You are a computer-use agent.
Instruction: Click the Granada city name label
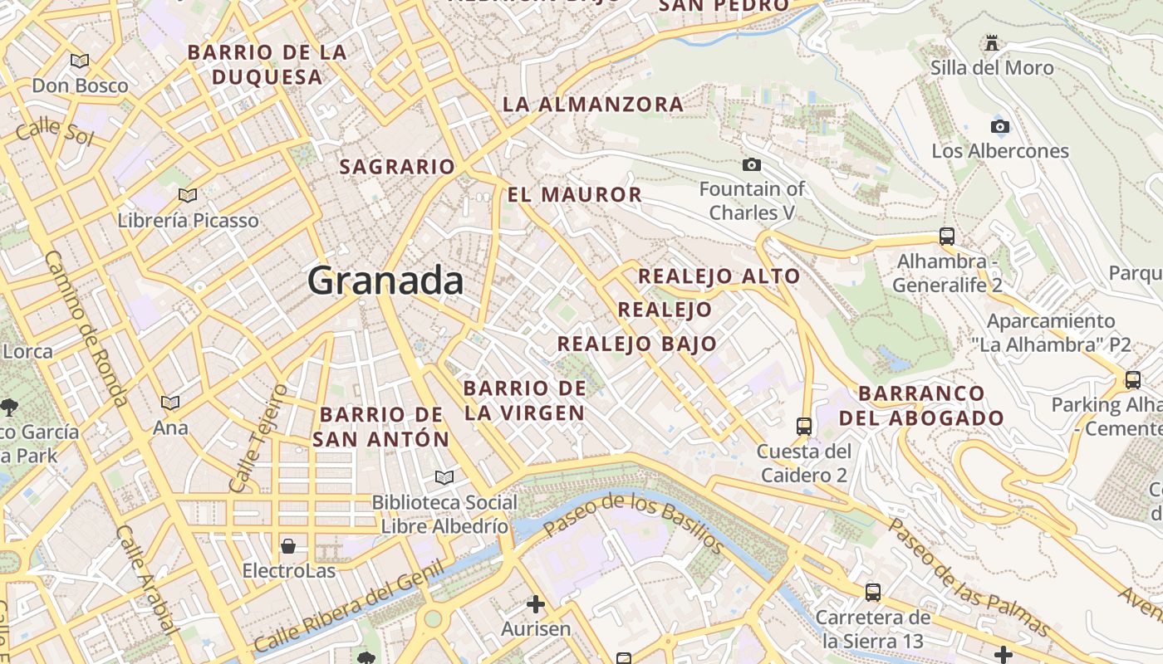click(385, 281)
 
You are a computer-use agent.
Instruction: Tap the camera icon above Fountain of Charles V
click(751, 164)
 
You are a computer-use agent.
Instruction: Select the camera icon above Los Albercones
click(1000, 126)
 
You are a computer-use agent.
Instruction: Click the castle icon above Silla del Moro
click(991, 42)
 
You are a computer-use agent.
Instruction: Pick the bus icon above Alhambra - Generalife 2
click(947, 236)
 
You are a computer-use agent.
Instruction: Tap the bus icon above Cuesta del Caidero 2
click(803, 426)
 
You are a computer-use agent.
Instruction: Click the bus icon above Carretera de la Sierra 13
click(872, 592)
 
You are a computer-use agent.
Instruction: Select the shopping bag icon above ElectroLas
click(288, 545)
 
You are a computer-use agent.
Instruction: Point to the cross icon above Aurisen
click(536, 603)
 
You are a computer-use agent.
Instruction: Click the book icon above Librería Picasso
click(188, 195)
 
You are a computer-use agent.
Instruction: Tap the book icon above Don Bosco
click(80, 60)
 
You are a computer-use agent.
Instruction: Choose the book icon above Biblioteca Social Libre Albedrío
click(444, 477)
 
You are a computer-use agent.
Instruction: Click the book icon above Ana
click(170, 403)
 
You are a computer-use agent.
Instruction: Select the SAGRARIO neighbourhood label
click(397, 167)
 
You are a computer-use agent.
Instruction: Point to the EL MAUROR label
click(575, 195)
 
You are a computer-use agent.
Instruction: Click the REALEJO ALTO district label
click(719, 276)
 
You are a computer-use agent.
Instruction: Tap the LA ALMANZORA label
click(593, 105)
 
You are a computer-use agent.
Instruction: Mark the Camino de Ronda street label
click(85, 328)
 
